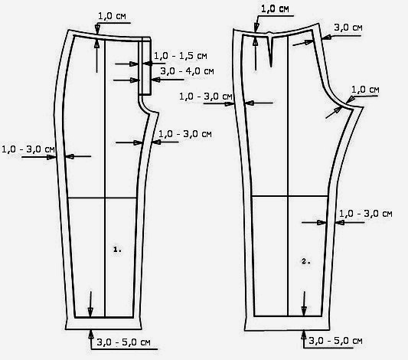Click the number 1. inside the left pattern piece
(x=117, y=250)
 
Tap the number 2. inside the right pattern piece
(x=306, y=261)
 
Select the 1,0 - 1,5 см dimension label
(x=181, y=56)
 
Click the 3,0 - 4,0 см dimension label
(x=187, y=71)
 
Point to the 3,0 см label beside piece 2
(x=348, y=28)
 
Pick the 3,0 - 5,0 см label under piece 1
(x=123, y=342)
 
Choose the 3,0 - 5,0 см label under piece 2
(x=336, y=341)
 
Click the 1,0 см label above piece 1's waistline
(x=112, y=16)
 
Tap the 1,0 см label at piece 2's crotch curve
(x=365, y=90)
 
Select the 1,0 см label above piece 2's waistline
(x=275, y=9)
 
